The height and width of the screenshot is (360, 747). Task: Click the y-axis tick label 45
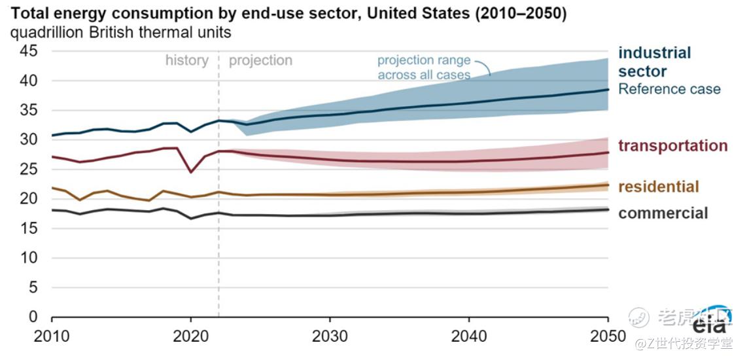tap(29, 51)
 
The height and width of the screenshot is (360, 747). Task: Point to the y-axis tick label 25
tap(29, 169)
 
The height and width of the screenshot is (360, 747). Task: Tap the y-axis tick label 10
tap(29, 258)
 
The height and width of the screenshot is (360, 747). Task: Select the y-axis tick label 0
tap(33, 317)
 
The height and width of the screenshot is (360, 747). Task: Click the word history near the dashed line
tap(186, 60)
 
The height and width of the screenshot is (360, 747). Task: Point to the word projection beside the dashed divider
tap(260, 61)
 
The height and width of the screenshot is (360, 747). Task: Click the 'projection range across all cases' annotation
tap(423, 67)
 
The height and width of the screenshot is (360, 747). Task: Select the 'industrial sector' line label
tap(654, 62)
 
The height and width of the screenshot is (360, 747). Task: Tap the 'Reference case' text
tap(669, 89)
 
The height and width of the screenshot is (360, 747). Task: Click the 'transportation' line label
tap(672, 145)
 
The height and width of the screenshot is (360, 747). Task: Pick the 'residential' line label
tap(659, 187)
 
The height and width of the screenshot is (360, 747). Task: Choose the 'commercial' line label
tap(663, 213)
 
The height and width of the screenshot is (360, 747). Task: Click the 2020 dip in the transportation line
tap(190, 172)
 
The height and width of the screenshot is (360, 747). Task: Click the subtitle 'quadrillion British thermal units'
tap(120, 32)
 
